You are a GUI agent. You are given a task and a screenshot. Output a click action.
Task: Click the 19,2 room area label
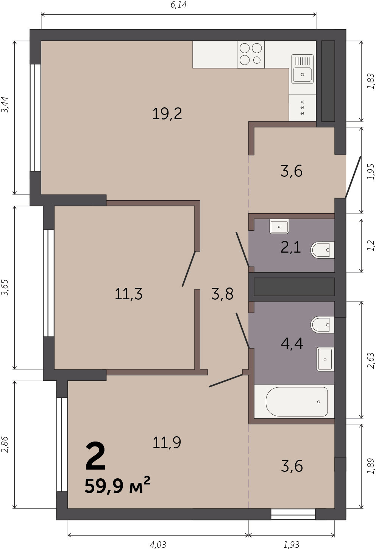click(x=167, y=114)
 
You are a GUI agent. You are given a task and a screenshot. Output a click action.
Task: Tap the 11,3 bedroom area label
click(x=128, y=294)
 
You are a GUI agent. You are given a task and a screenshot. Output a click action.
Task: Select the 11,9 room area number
click(x=167, y=442)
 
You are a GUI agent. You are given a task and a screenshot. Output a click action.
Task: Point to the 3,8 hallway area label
click(x=222, y=294)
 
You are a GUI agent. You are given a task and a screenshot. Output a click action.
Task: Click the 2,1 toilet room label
click(x=291, y=247)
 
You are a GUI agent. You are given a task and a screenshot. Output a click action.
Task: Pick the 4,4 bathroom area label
click(x=292, y=343)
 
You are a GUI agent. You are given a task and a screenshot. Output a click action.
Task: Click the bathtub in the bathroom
click(x=296, y=402)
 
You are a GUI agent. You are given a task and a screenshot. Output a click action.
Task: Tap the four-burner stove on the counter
click(x=251, y=55)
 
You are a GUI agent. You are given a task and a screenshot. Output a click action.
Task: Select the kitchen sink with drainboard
click(x=303, y=69)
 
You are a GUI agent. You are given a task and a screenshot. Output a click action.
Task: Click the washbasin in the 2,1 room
click(x=279, y=226)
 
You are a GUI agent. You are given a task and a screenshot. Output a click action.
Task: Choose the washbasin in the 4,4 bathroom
click(x=325, y=359)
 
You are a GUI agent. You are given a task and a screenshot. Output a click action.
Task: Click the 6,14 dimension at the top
click(x=178, y=5)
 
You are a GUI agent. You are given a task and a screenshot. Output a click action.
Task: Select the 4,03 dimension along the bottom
click(x=158, y=545)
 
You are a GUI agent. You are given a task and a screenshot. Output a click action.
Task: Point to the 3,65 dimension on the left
click(x=5, y=288)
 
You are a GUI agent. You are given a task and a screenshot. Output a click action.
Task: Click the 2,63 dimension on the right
click(x=371, y=360)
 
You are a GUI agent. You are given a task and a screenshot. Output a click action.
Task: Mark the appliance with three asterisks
click(x=303, y=108)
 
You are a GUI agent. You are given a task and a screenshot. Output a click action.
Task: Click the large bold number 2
click(x=95, y=456)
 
